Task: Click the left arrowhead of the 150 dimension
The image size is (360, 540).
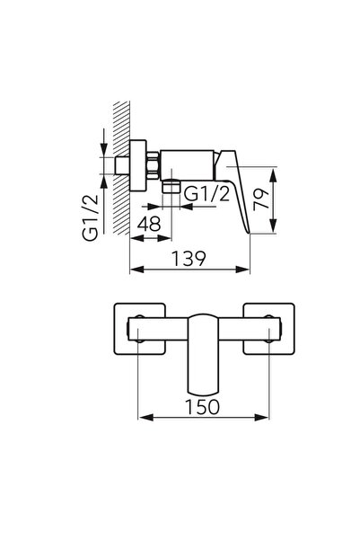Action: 140,419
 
